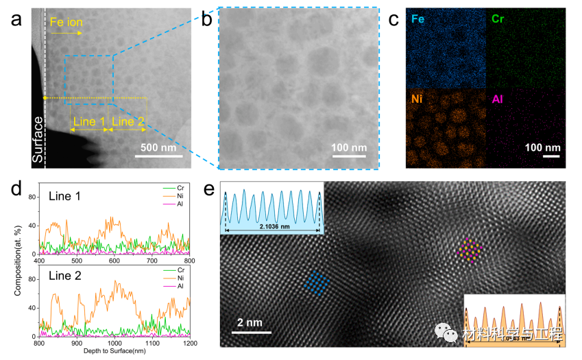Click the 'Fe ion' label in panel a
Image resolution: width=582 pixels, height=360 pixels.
[x=66, y=23]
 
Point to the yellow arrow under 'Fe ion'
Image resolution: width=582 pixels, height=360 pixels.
[x=66, y=33]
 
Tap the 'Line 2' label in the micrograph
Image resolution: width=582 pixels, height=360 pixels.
[x=128, y=122]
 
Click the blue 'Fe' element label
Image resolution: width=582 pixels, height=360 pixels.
[x=417, y=19]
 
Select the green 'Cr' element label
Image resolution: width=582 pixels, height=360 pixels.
[x=497, y=19]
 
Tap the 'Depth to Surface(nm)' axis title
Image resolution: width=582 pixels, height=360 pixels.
[x=115, y=351]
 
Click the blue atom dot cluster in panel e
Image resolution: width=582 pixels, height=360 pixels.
[x=316, y=283]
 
